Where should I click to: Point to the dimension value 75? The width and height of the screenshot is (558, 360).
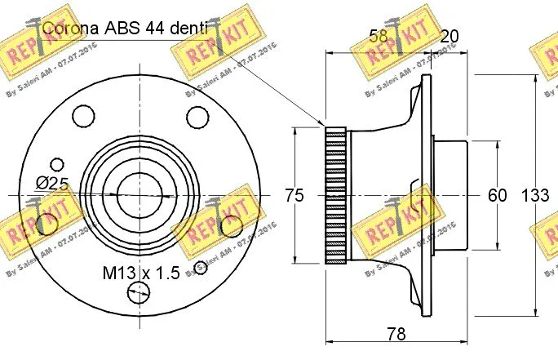pos(294,195)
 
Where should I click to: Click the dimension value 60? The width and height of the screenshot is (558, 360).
pos(497,195)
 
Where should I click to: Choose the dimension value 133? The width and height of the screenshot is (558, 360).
pos(535,195)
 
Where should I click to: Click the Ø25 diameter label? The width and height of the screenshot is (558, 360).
pos(51,183)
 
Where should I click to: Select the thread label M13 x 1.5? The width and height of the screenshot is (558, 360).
pos(140,273)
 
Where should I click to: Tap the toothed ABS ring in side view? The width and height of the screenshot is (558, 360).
pos(336,195)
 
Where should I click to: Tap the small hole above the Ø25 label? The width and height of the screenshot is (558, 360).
pos(56,163)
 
